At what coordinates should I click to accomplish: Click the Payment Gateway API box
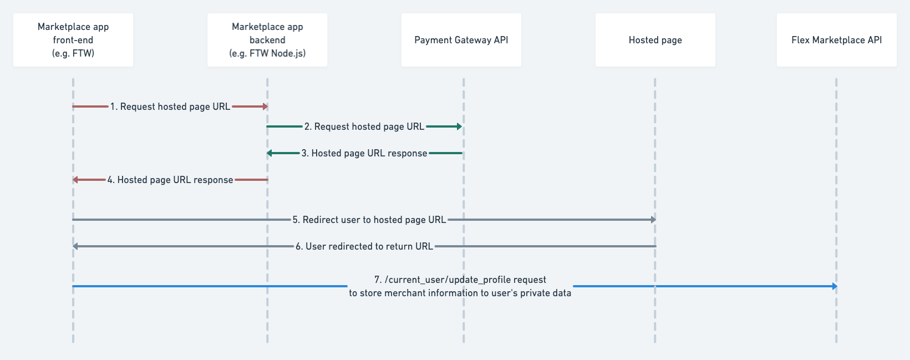(461, 40)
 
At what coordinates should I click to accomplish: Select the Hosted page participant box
(655, 40)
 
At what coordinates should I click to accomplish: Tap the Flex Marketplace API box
(836, 40)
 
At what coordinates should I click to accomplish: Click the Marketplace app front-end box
(73, 40)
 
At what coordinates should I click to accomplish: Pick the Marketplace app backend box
(267, 40)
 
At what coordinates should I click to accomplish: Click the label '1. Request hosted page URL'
(170, 107)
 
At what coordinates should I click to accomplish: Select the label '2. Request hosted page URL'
(364, 126)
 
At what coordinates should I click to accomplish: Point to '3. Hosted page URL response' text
(364, 153)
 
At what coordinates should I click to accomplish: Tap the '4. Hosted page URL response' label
(170, 180)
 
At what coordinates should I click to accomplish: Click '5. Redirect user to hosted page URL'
(369, 220)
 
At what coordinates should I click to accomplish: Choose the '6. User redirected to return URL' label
(364, 246)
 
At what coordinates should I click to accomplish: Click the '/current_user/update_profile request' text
(460, 280)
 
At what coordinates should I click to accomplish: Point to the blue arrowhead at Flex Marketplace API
(834, 286)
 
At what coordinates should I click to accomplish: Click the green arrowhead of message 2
(459, 126)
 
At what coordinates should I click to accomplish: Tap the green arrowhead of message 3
(269, 153)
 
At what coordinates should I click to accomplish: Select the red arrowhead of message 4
(75, 180)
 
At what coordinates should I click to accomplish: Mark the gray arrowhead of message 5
(653, 220)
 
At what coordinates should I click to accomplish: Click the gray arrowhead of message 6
(75, 246)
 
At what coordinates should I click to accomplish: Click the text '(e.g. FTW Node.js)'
(267, 54)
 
